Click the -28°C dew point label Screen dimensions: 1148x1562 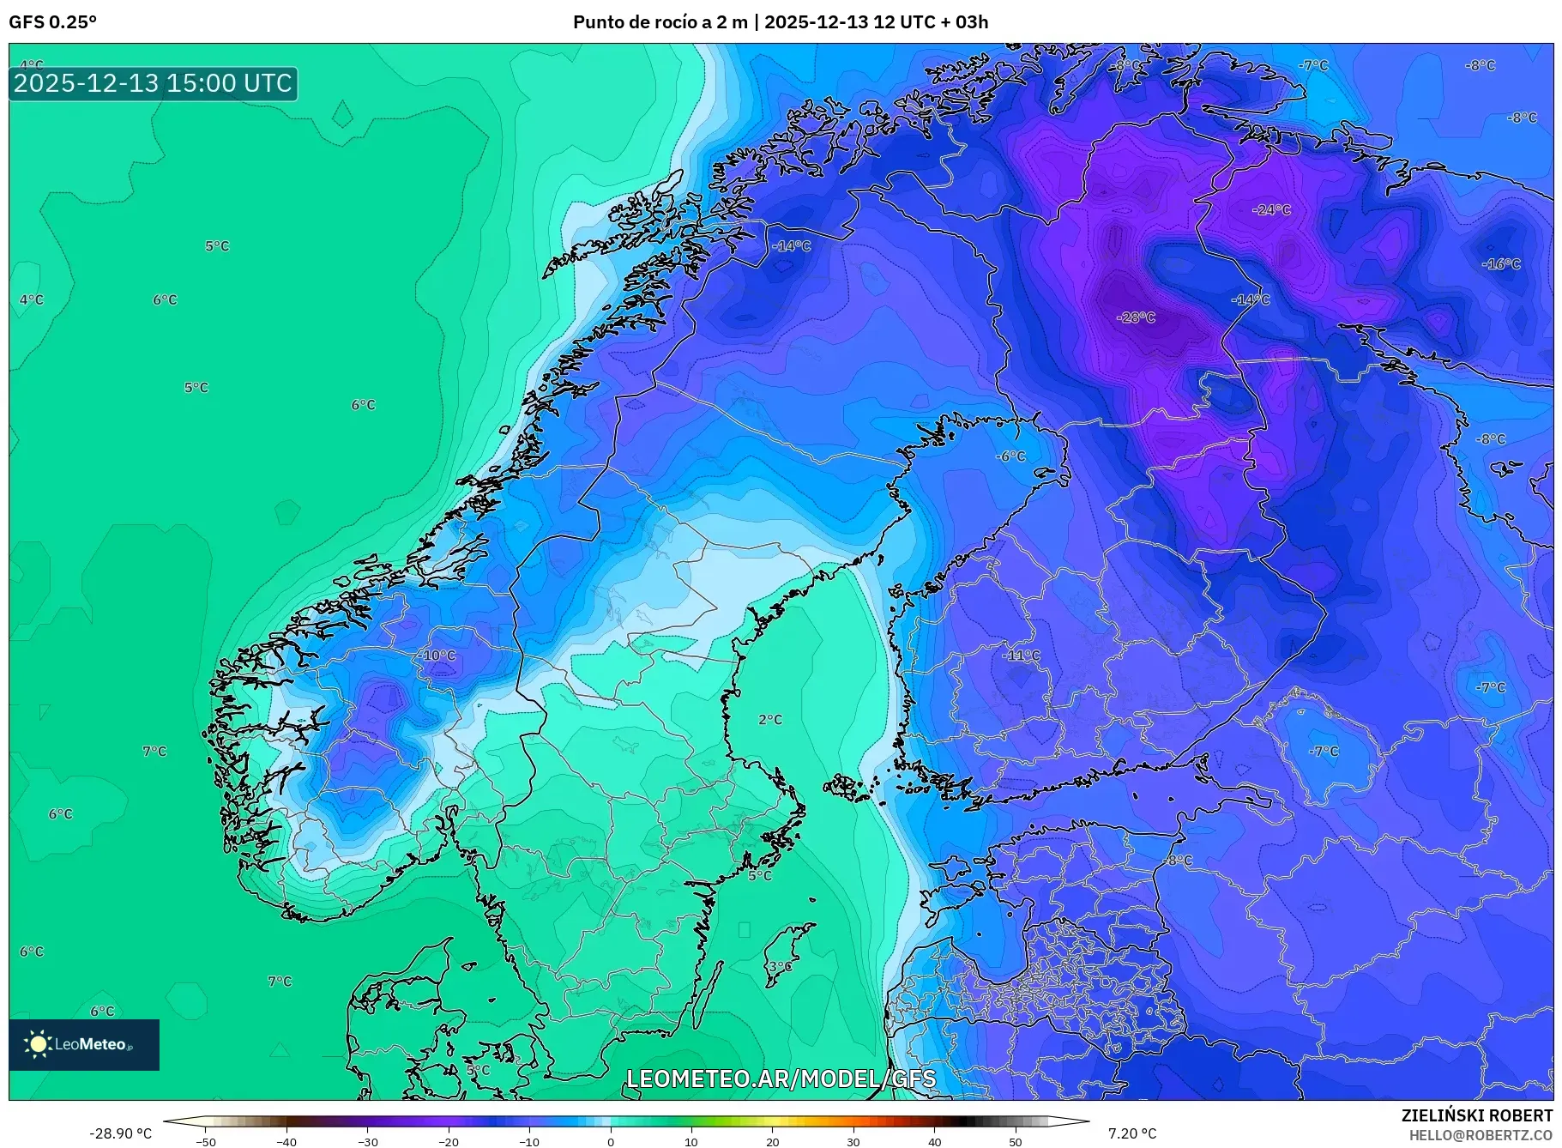1137,317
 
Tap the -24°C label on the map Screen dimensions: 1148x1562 1271,209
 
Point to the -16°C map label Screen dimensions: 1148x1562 1501,264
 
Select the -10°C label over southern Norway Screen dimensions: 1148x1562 437,656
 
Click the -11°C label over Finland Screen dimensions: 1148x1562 1021,656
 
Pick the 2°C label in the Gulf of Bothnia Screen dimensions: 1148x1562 770,720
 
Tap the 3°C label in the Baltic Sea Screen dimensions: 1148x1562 780,967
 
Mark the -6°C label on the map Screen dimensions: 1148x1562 1010,456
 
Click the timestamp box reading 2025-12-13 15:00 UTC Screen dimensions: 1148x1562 154,83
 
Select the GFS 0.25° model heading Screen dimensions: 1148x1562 52,22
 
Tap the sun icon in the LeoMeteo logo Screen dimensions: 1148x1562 38,1043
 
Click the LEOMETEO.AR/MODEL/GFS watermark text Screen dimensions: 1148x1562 781,1079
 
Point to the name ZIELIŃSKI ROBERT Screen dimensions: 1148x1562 1476,1115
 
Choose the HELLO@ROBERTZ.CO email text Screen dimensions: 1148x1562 1480,1135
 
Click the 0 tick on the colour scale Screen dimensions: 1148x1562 611,1141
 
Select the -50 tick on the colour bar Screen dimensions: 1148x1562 206,1141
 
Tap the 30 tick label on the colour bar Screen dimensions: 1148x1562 853,1141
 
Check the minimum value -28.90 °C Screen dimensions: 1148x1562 120,1133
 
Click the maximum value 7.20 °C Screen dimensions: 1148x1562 1132,1133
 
